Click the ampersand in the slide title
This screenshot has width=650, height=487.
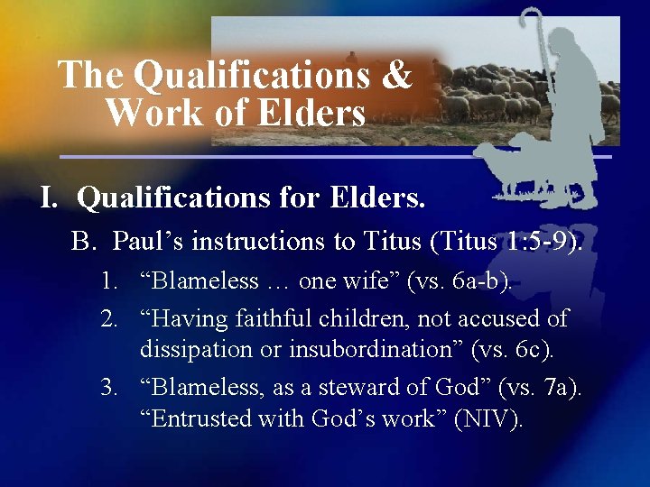coord(396,75)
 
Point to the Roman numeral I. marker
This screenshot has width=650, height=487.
coord(51,198)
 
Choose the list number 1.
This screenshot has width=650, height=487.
coord(109,280)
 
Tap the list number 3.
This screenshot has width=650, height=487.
coord(109,388)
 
